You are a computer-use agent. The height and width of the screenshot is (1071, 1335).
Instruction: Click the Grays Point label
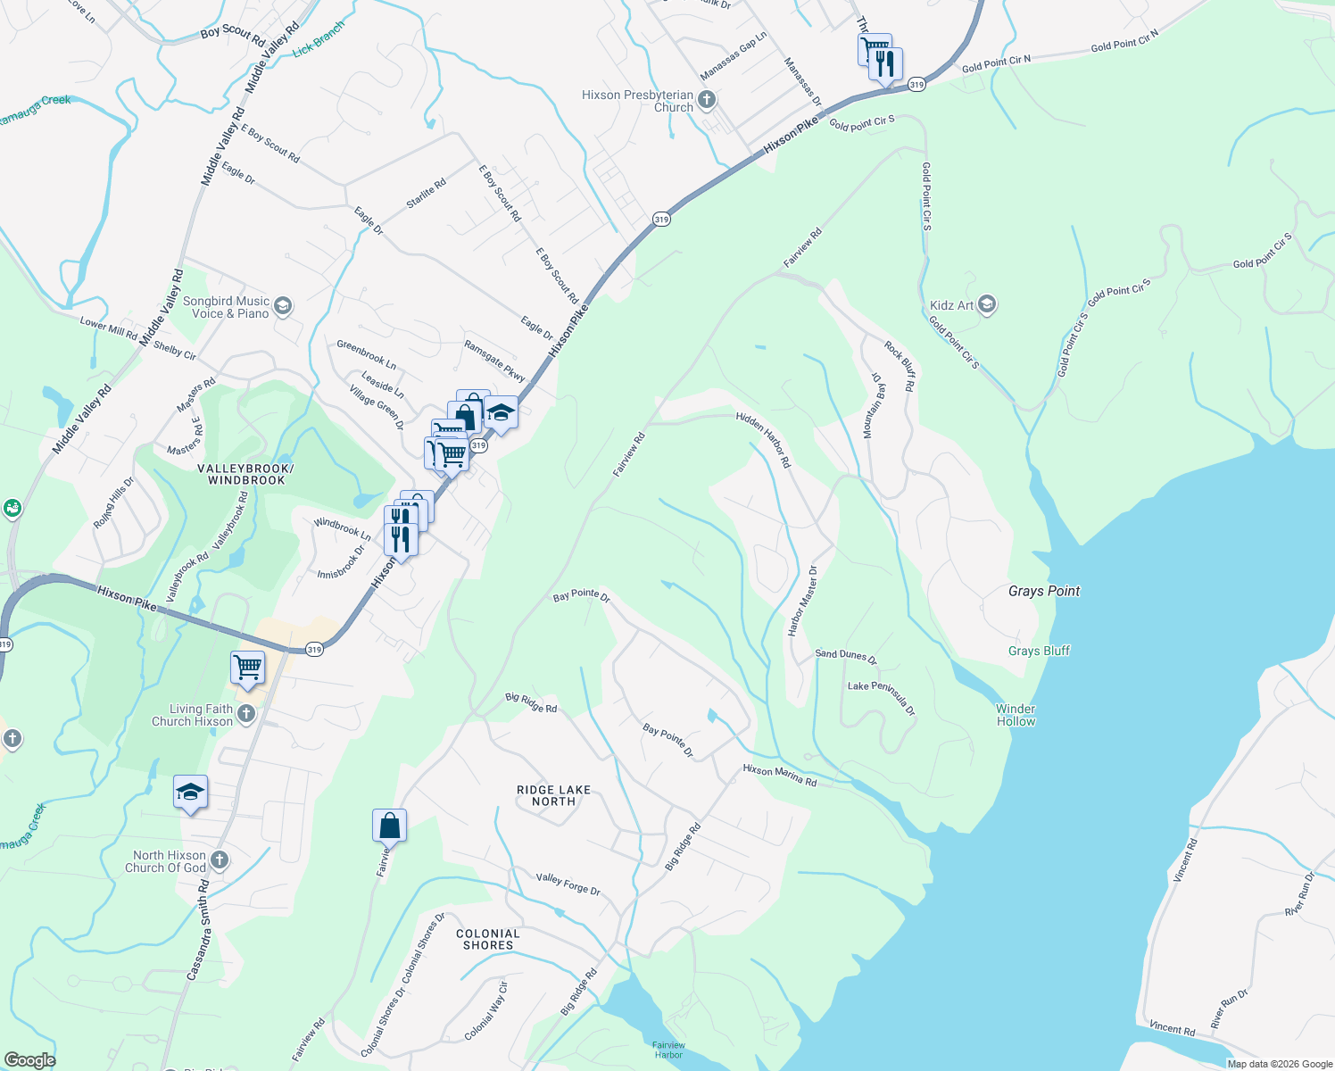coord(1043,591)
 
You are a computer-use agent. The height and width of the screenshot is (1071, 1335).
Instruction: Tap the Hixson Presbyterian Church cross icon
coord(707,100)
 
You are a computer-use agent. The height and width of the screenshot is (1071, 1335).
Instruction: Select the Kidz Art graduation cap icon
coord(986,305)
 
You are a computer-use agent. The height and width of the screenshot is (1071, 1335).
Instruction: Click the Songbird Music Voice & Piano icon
coord(282,307)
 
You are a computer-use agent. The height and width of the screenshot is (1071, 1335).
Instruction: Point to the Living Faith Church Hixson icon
coord(246,714)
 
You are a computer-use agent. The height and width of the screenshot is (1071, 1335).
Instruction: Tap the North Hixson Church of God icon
coord(220,860)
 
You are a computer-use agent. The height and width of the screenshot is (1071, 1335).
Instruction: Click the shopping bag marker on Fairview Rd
coord(389,826)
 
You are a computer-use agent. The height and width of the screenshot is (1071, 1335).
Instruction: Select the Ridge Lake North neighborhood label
coord(553,795)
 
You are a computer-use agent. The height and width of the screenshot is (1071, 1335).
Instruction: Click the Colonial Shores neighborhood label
coord(487,939)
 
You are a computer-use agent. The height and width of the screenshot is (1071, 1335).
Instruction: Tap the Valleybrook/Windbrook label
coord(246,474)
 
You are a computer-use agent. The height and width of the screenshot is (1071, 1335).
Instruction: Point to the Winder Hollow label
coord(1016,715)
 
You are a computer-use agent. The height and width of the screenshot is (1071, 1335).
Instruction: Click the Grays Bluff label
coord(1039,651)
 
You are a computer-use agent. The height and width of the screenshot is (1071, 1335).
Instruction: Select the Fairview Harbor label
coord(668,1050)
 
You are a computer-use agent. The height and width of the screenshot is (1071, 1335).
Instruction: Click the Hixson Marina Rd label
coord(780,776)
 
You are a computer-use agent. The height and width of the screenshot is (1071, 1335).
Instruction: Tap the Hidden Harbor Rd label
coord(764,439)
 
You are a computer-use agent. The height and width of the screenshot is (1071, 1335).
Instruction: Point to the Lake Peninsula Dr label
coord(882,697)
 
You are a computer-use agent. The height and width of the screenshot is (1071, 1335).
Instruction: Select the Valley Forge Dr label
coord(568,884)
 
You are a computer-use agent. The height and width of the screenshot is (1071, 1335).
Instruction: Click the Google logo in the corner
coord(29,1059)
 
